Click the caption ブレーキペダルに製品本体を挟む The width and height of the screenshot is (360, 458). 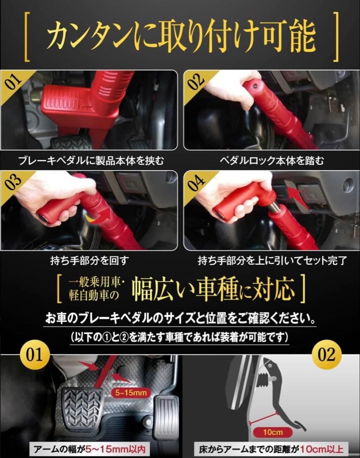point(90,161)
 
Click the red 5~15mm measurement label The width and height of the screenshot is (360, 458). point(131,393)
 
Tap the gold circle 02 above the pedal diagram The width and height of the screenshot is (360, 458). point(326,354)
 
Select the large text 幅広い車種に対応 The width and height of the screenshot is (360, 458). point(213,289)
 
